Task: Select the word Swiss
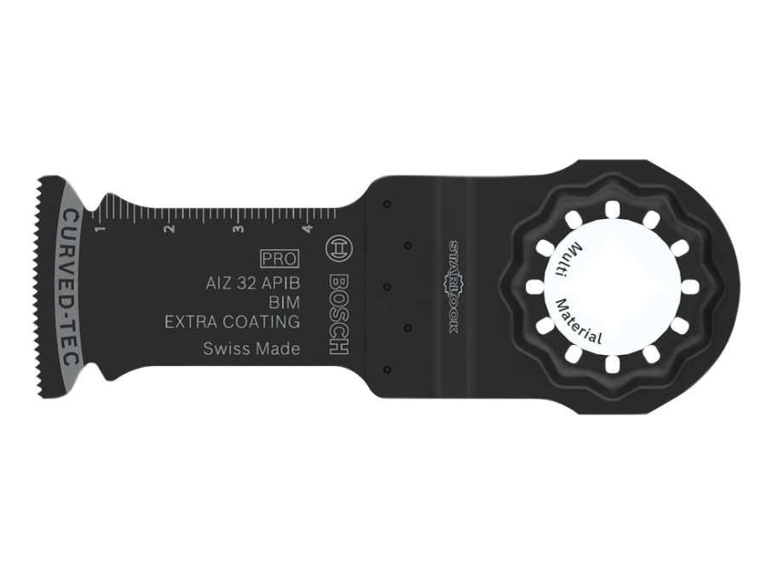(226, 348)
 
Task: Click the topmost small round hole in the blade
(386, 205)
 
